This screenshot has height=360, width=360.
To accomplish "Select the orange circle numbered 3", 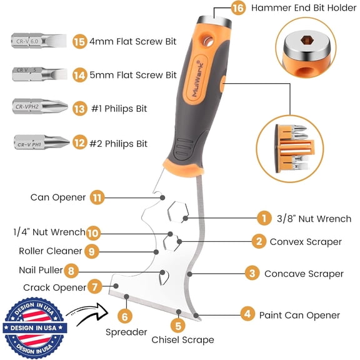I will [x=251, y=273].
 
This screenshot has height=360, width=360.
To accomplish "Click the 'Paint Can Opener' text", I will [x=299, y=315].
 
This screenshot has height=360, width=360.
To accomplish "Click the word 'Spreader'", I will [x=126, y=332].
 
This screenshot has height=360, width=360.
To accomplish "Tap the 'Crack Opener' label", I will [x=54, y=287].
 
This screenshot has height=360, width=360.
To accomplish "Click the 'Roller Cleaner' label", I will [x=50, y=251].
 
